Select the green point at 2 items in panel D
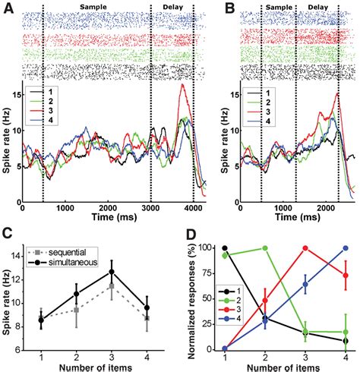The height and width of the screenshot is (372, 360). point(265,248)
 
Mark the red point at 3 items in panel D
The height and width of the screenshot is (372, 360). point(306,248)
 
